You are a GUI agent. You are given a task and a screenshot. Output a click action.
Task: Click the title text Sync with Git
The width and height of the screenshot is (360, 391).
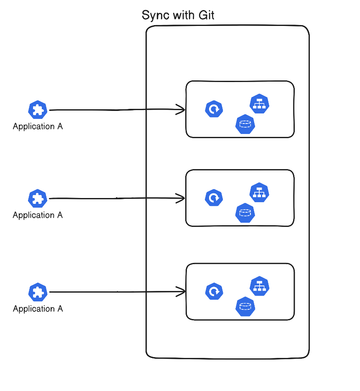tap(178, 15)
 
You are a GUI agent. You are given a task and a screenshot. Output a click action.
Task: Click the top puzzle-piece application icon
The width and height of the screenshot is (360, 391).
tap(38, 110)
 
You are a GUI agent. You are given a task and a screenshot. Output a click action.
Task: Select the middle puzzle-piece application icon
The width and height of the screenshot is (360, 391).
tap(38, 198)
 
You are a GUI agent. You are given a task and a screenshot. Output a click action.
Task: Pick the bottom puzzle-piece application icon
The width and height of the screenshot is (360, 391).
tap(38, 292)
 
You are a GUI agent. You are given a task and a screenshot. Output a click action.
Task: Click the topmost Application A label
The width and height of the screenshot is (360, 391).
tap(38, 126)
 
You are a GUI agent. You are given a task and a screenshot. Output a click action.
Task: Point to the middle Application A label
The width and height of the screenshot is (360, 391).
tap(38, 215)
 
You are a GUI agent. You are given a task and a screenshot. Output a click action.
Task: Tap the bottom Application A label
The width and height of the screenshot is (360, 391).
tap(38, 309)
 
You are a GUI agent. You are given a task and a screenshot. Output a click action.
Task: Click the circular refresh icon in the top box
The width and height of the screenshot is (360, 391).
tap(214, 110)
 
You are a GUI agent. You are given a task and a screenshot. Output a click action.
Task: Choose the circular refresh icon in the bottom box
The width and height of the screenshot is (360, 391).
tap(214, 292)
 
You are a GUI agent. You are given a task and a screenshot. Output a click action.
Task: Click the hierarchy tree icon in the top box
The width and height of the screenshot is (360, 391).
tap(259, 104)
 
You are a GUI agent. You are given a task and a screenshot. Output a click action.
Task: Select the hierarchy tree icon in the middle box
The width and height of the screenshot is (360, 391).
tap(259, 193)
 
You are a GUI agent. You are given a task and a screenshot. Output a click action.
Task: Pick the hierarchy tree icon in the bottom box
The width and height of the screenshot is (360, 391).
tap(259, 286)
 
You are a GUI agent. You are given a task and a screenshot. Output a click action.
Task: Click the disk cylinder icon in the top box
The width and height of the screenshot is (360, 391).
tap(245, 124)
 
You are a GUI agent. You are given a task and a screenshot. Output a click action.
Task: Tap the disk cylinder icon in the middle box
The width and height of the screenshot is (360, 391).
tap(245, 213)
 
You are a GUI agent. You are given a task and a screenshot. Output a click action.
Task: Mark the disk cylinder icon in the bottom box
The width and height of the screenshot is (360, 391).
tap(245, 307)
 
